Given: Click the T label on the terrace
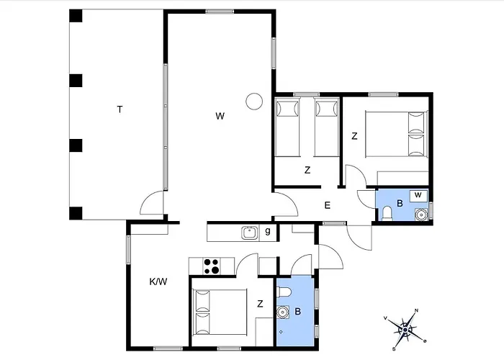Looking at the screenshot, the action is tap(120, 109).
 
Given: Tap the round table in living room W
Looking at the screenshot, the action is tap(254, 102).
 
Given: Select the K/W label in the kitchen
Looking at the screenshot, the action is tap(158, 282).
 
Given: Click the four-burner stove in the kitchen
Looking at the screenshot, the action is tap(212, 266).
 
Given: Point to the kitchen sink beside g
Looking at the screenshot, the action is tap(250, 233).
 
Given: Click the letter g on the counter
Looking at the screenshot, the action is tap(268, 231).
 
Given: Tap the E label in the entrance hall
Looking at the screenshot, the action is tap(327, 205).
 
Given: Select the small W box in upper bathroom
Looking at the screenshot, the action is tap(418, 195).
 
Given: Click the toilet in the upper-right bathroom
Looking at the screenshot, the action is tap(387, 213).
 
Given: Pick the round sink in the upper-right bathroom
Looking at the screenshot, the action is tap(420, 214).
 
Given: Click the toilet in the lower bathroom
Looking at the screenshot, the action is tap(284, 292).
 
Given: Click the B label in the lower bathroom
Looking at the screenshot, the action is tap(297, 312).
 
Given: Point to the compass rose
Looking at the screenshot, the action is tap(405, 330).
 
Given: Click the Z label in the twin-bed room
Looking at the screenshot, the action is tap(307, 170).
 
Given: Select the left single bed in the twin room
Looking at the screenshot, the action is tap(287, 128).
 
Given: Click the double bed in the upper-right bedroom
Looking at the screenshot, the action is tap(397, 134).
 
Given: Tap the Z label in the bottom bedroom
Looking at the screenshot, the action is tap(260, 303).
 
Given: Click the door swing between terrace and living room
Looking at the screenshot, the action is tap(152, 202).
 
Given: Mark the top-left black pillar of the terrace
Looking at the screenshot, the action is tap(76, 16).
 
